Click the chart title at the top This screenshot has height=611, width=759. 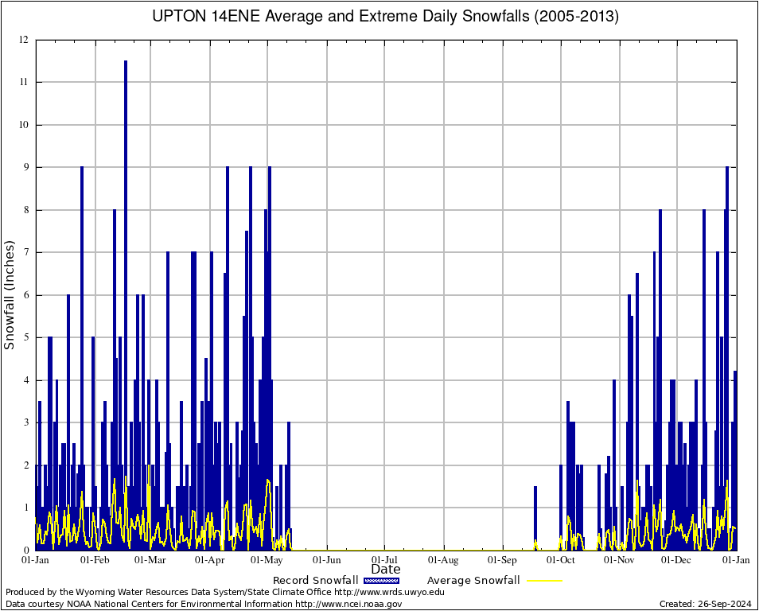pyautogui.click(x=385, y=16)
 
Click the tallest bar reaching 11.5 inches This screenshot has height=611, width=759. pyautogui.click(x=126, y=302)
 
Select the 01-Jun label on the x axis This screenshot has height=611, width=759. pyautogui.click(x=326, y=560)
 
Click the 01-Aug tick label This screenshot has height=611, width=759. pyautogui.click(x=444, y=560)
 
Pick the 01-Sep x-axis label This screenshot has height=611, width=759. pyautogui.click(x=503, y=560)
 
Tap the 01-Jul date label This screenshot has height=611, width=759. pyautogui.click(x=385, y=560)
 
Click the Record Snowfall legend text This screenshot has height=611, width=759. pyautogui.click(x=315, y=580)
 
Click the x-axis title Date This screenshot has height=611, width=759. pyautogui.click(x=386, y=569)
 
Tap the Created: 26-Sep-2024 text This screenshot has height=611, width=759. pyautogui.click(x=706, y=604)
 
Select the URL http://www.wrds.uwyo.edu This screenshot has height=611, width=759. pyautogui.click(x=389, y=592)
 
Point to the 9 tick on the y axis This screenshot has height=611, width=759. pyautogui.click(x=26, y=167)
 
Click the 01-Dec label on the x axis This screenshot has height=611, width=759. pyautogui.click(x=677, y=560)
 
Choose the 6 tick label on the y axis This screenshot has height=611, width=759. pyautogui.click(x=26, y=295)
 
